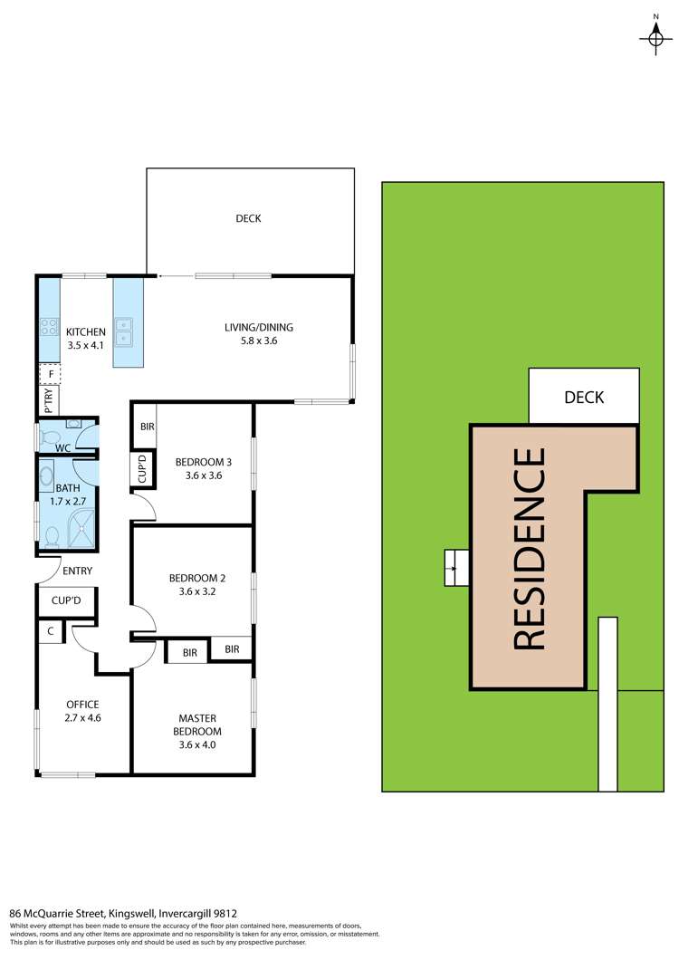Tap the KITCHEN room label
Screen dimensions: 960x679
click(x=85, y=332)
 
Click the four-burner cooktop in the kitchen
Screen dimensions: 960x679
click(x=47, y=332)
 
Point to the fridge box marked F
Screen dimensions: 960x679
click(x=50, y=373)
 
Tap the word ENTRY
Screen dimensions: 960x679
click(x=77, y=571)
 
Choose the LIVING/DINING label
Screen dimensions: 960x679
click(x=259, y=328)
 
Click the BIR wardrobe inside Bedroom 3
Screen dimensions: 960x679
click(x=145, y=427)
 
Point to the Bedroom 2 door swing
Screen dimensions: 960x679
click(x=145, y=621)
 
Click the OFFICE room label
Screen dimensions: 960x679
click(x=82, y=705)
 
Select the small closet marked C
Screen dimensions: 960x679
click(x=50, y=631)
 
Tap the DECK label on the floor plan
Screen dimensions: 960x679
click(x=248, y=218)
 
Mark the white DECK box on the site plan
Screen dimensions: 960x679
click(x=584, y=396)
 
